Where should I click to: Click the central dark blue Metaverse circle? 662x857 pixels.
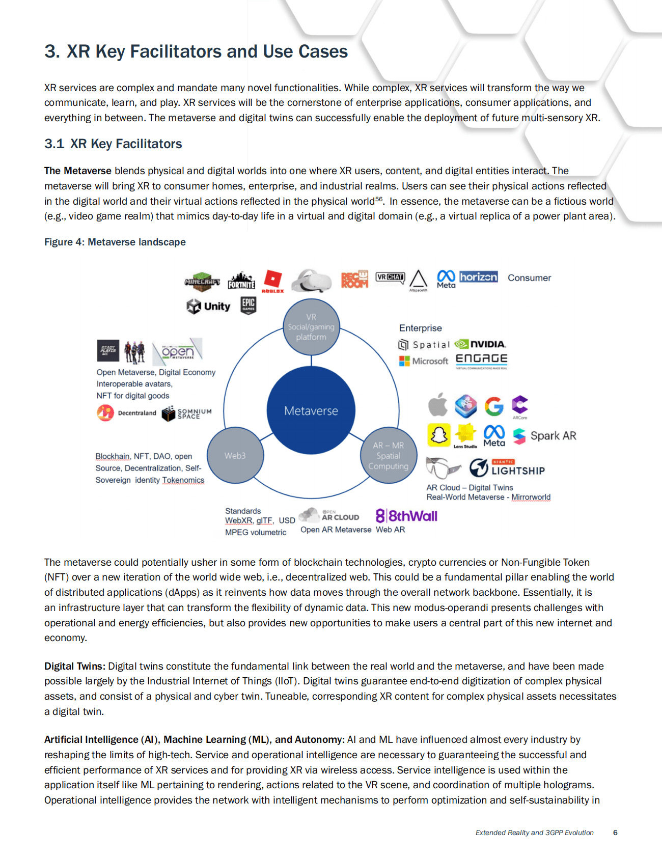(x=311, y=410)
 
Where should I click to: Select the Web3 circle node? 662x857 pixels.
(x=235, y=455)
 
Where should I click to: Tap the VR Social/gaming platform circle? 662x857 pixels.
(x=311, y=326)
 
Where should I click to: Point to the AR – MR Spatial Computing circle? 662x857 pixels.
(x=389, y=455)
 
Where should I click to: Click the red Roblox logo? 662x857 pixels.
(x=273, y=281)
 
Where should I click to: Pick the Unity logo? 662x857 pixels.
(x=209, y=306)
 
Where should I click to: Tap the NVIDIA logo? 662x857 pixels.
(x=480, y=344)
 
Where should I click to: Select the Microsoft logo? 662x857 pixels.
(x=424, y=361)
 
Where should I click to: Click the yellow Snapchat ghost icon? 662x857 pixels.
(x=438, y=435)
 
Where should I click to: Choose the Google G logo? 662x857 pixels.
(x=493, y=406)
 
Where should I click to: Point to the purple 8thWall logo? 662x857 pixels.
(x=406, y=516)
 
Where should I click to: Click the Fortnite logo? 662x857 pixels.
(x=241, y=281)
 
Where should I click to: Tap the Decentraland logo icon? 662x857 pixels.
(x=105, y=412)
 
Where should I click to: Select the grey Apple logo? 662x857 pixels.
(x=438, y=405)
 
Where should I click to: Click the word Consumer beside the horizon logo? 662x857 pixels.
(x=529, y=278)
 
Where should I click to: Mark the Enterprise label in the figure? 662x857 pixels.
(x=420, y=328)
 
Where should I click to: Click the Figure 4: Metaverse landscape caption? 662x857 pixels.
(x=115, y=242)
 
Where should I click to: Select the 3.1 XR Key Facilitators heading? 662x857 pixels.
(x=113, y=144)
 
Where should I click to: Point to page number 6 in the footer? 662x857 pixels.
(x=615, y=833)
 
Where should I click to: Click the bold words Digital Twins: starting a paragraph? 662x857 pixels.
(x=75, y=666)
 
